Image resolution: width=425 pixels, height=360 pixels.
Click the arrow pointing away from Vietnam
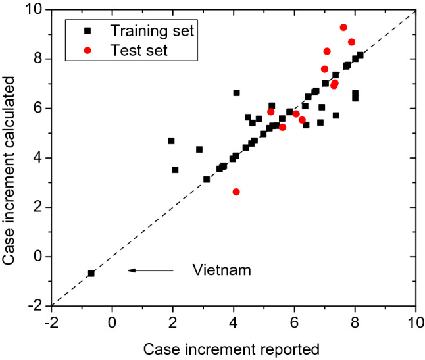(x=151, y=270)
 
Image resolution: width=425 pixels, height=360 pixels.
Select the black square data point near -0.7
(x=91, y=273)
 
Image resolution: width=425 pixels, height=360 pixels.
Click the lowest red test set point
(x=236, y=192)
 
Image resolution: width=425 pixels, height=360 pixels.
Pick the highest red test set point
(x=343, y=28)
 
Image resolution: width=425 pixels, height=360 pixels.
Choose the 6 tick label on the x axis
(x=294, y=322)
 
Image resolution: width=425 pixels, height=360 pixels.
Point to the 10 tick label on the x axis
(x=414, y=322)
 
